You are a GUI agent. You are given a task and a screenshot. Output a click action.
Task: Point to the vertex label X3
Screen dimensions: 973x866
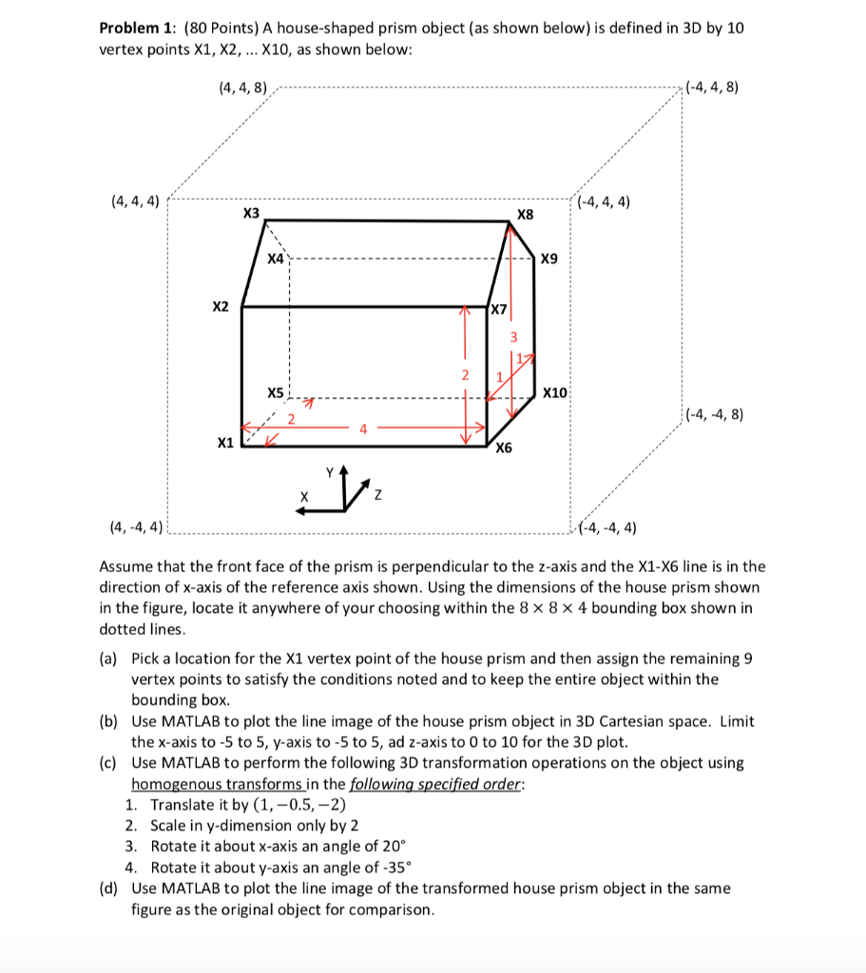click(251, 213)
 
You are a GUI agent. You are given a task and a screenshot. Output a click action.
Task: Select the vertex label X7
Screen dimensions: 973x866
click(500, 308)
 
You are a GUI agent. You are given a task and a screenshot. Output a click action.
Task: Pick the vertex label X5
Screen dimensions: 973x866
click(275, 392)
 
